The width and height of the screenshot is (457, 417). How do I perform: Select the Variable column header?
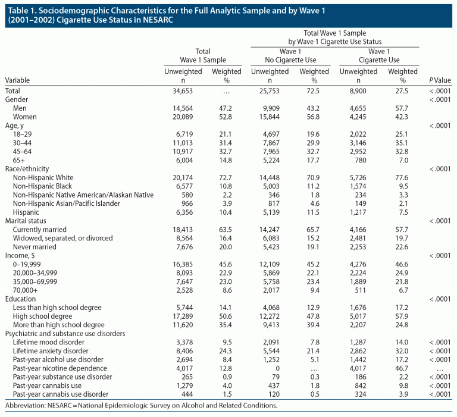[x=17, y=80]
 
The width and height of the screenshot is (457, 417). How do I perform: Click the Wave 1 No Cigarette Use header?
[x=290, y=55]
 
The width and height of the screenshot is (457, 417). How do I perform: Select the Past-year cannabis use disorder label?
[x=61, y=394]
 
